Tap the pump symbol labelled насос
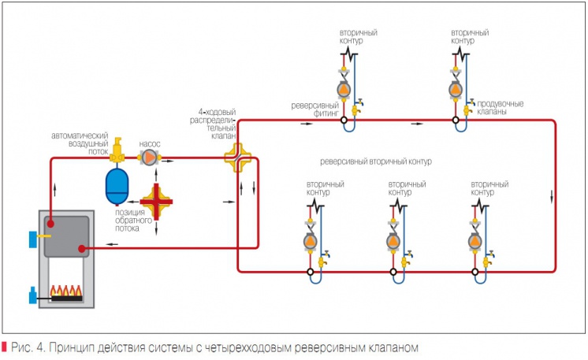149,158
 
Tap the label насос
150,144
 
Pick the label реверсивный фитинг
314,107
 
